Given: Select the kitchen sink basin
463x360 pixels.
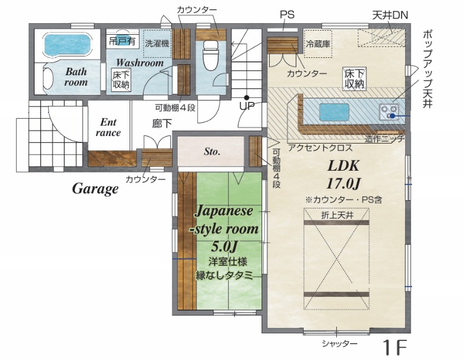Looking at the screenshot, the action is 334,112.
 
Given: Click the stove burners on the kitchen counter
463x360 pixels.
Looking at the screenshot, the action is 389,112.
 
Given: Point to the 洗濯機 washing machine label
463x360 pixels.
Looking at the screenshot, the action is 157,43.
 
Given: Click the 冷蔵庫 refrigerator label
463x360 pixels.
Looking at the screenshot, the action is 318,44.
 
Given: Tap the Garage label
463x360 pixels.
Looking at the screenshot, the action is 95,189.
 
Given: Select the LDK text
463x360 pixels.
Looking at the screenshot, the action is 343,166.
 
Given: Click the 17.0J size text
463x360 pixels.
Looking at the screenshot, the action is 343,183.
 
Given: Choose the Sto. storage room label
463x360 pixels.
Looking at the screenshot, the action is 212,152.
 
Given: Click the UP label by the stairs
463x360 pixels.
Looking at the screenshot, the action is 247,106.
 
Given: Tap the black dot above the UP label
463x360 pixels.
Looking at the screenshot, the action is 247,97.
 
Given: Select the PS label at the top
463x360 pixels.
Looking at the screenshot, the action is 287,14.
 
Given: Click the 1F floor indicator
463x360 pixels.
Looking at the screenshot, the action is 395,347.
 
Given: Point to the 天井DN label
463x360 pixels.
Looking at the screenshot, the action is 389,15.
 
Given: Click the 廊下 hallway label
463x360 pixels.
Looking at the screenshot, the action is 162,123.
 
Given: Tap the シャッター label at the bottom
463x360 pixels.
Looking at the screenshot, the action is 340,343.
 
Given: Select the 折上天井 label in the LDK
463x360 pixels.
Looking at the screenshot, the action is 337,215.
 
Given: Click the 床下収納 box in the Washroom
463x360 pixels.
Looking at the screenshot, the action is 121,80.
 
